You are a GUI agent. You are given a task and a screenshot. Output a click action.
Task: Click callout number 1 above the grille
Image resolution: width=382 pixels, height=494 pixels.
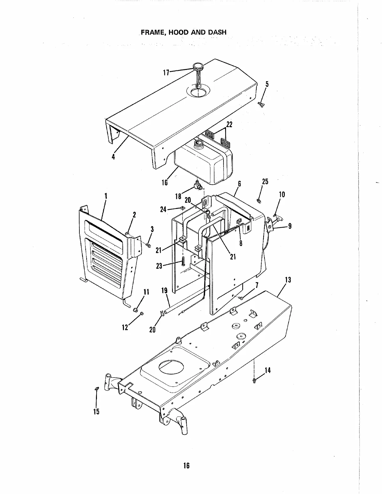pyautogui.click(x=106, y=196)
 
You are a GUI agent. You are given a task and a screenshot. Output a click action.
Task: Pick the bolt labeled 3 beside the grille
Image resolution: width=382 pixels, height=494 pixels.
pyautogui.click(x=148, y=246)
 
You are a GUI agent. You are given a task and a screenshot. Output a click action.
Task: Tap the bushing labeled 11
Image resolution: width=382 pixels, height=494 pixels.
pyautogui.click(x=136, y=310)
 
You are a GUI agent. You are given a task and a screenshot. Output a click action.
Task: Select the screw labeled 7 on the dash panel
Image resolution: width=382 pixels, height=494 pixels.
pyautogui.click(x=241, y=298)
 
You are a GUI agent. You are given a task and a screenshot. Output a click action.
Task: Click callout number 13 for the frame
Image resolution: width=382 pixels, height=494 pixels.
pyautogui.click(x=288, y=279)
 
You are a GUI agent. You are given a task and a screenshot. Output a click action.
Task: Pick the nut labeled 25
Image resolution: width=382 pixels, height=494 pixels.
pyautogui.click(x=259, y=200)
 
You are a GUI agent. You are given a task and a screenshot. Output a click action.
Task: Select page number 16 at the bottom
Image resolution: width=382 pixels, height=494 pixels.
pyautogui.click(x=186, y=466)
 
